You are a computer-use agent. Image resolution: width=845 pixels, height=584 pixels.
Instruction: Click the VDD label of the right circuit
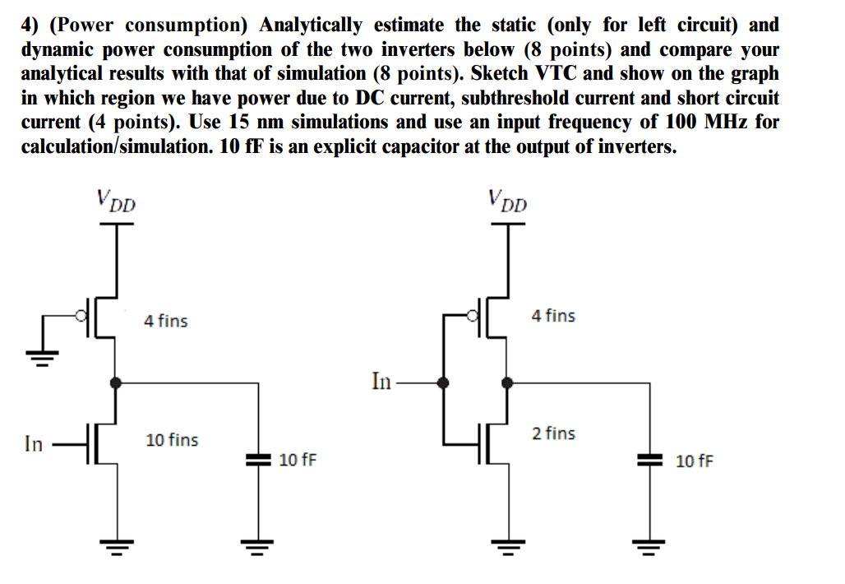506,201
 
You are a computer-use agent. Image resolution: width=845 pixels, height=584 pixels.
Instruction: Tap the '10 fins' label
172,440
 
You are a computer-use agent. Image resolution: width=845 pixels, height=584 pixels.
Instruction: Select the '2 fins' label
553,433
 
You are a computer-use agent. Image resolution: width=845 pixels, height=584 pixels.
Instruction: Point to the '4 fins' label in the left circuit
165,321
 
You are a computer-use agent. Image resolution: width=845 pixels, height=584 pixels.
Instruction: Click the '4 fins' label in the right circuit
553,315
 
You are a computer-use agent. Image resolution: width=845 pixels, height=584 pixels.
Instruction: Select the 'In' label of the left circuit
33,444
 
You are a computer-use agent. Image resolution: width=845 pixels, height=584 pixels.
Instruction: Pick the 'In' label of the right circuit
381,382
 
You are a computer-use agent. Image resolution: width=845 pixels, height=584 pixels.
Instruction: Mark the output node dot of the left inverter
116,382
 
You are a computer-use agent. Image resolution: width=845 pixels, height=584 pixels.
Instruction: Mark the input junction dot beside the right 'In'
445,382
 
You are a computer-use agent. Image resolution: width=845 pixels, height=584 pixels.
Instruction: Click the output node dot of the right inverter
507,382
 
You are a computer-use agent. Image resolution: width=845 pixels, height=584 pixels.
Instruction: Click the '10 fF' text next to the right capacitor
695,461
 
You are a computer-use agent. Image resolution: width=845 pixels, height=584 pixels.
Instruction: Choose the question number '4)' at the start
31,25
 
